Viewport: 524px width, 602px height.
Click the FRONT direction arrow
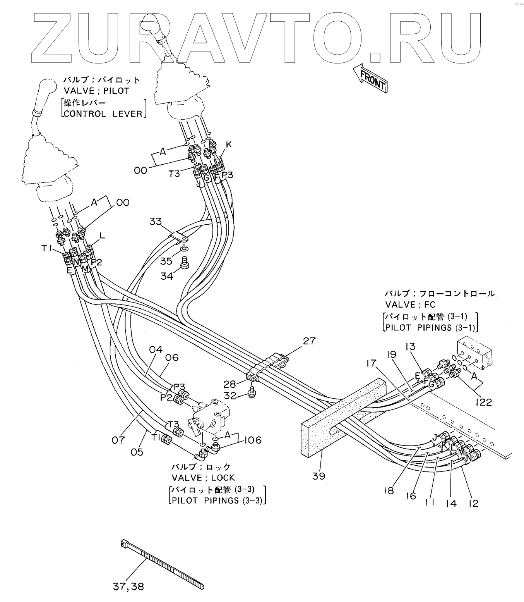pos(371,78)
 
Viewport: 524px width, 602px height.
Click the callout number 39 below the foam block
pos(319,476)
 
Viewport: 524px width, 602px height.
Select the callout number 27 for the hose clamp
pos(309,341)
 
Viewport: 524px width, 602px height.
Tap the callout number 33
pos(155,222)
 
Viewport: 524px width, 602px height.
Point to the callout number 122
pos(483,402)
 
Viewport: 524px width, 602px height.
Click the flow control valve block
pos(475,354)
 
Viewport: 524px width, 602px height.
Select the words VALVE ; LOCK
pos(203,478)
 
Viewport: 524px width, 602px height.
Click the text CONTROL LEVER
pos(104,114)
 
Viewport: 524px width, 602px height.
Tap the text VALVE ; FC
pos(410,304)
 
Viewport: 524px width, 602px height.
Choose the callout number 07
pos(118,440)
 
